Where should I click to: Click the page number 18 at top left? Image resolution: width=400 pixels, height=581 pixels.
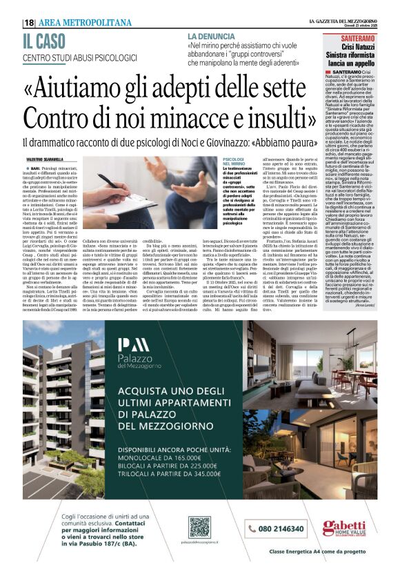point(28,23)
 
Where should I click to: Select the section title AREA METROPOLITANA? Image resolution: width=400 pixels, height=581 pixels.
point(85,23)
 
